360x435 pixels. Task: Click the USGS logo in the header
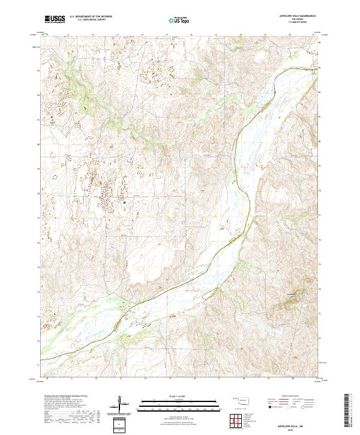click(55, 20)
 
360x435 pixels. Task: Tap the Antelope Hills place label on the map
click(291, 295)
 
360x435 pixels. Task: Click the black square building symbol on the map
click(124, 202)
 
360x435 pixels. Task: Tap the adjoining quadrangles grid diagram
click(235, 422)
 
